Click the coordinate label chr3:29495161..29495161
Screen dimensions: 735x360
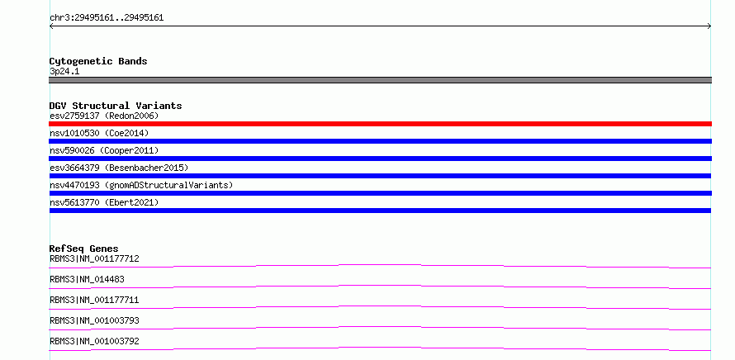point(107,18)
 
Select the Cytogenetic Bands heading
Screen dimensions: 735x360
point(98,61)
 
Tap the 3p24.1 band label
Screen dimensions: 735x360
point(64,71)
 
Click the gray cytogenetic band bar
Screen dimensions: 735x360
point(380,80)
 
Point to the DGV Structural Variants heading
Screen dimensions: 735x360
point(116,106)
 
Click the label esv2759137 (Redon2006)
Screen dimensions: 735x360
point(104,116)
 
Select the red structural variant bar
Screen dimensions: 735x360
point(380,124)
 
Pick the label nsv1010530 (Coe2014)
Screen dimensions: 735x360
point(99,133)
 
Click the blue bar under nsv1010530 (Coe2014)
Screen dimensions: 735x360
point(380,141)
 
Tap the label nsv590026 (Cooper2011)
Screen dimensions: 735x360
point(104,150)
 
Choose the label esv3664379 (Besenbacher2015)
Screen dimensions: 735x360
point(119,168)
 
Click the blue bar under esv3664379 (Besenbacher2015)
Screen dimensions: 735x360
point(380,176)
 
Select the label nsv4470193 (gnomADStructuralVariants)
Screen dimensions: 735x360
point(141,185)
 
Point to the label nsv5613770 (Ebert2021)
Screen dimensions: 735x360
point(104,202)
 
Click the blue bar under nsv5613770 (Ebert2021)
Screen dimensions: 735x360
point(380,211)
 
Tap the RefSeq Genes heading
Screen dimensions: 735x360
point(84,249)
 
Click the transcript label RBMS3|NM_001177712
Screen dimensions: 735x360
point(94,258)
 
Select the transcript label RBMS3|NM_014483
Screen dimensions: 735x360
point(87,279)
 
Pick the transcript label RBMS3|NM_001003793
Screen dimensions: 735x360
point(94,320)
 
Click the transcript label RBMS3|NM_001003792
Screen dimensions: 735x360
point(94,341)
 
